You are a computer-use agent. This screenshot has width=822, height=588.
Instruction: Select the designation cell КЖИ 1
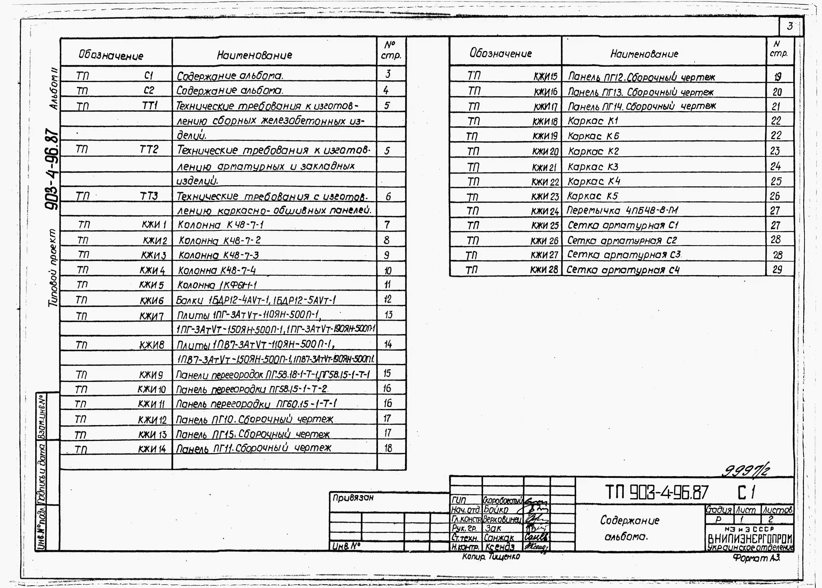[x=154, y=225]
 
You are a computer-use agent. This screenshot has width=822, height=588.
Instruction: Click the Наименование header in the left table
[x=254, y=55]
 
